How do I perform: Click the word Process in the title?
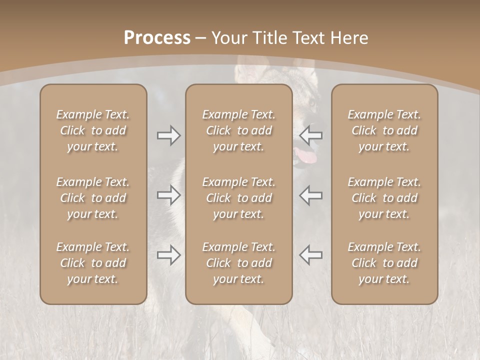[x=157, y=38]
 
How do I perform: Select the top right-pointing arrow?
[x=168, y=135]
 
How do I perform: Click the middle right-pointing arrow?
[x=168, y=195]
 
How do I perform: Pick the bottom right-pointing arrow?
[x=168, y=255]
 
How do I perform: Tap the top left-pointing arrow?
[x=311, y=135]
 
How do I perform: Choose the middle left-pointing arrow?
[x=311, y=195]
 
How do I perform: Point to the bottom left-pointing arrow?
[x=311, y=255]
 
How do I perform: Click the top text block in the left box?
[x=93, y=130]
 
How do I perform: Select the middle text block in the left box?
[x=93, y=198]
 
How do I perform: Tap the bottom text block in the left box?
[x=93, y=263]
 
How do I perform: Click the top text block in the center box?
[x=238, y=130]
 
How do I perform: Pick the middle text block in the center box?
[x=238, y=198]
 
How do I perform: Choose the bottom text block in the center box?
[x=238, y=263]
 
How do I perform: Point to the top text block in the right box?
[x=384, y=130]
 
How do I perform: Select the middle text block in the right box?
[x=384, y=198]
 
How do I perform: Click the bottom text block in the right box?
[x=384, y=263]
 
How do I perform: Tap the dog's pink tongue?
[x=306, y=156]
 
